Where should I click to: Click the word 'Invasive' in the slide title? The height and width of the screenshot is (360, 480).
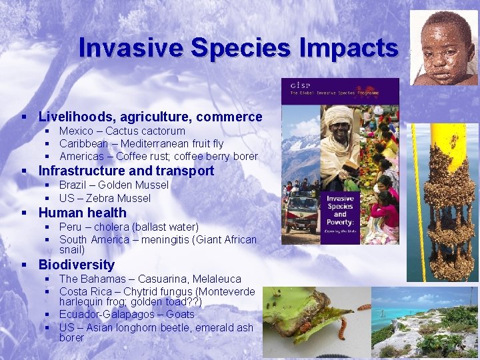coord(131,48)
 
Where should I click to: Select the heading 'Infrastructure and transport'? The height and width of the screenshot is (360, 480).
coord(126,171)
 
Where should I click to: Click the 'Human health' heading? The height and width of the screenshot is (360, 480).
coord(82,213)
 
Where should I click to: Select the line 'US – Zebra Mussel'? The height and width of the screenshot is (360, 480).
coord(105,198)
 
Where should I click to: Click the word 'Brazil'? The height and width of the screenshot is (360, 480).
coord(73,185)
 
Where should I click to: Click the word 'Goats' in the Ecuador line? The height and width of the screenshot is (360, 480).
coord(180,314)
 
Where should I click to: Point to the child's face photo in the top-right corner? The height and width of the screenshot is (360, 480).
coord(444,47)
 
